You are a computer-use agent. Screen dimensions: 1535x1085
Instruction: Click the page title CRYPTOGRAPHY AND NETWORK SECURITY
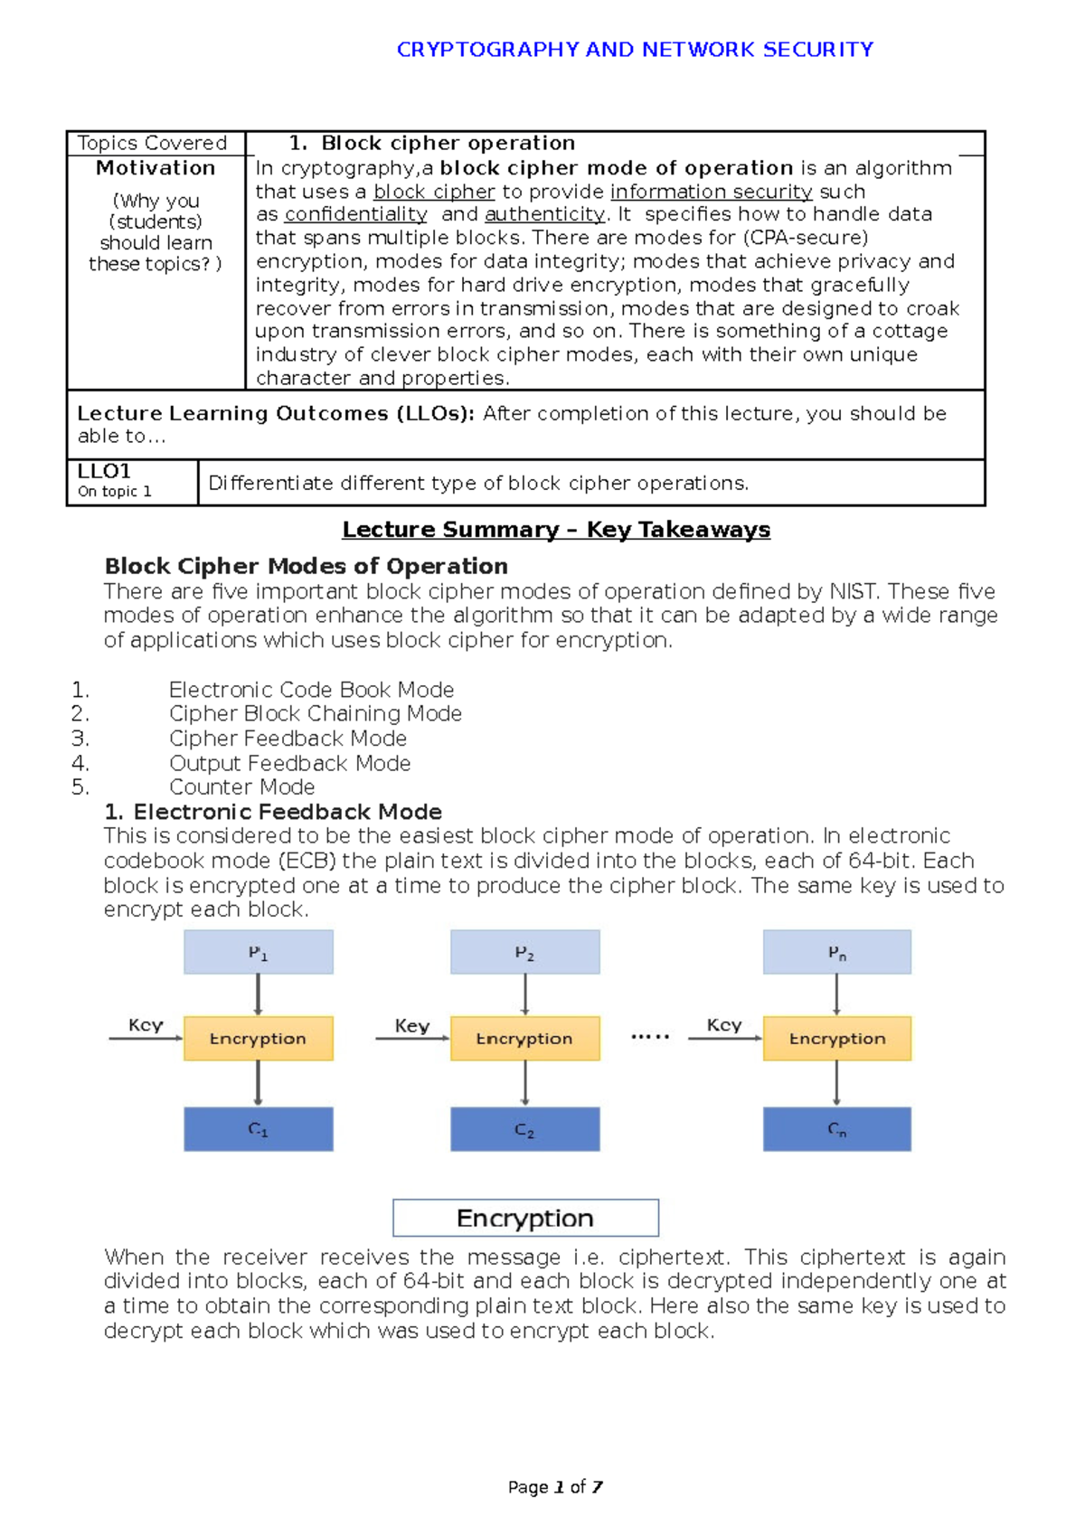click(635, 50)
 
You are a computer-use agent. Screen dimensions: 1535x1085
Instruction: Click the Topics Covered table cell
click(152, 143)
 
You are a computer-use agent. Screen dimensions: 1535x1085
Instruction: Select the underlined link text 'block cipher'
click(434, 192)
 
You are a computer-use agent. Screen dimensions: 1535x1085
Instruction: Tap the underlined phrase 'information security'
click(711, 192)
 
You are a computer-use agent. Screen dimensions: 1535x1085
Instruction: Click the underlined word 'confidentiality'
click(355, 214)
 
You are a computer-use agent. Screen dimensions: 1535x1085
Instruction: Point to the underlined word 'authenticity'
click(544, 214)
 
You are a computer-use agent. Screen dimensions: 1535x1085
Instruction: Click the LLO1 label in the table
click(104, 472)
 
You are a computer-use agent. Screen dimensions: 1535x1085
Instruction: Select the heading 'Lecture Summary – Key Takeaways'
click(555, 530)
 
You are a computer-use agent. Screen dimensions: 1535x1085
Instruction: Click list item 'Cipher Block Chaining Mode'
click(315, 713)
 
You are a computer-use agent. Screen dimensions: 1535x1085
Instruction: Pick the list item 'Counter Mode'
click(241, 786)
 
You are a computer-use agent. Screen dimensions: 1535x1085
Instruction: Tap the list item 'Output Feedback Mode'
click(289, 763)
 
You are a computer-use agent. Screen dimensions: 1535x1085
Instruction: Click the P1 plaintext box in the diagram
click(258, 952)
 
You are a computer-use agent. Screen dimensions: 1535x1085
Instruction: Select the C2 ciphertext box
click(524, 1129)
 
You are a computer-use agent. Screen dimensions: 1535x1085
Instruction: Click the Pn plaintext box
click(836, 952)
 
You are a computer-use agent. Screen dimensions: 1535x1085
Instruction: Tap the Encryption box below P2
click(524, 1039)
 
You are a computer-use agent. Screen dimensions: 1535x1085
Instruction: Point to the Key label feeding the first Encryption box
click(146, 1025)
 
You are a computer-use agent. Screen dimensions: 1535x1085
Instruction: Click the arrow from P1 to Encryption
click(258, 994)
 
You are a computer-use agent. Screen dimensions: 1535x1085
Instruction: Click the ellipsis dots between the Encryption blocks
click(650, 1036)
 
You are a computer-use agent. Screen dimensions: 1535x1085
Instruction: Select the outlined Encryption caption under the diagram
click(525, 1218)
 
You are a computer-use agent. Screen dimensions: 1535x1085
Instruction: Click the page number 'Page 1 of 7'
click(555, 1487)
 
